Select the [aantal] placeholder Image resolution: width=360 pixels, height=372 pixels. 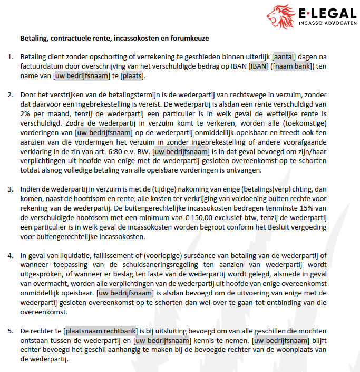284,56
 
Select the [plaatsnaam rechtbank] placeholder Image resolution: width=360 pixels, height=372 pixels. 100,331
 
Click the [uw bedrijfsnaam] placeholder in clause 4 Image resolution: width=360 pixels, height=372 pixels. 125,293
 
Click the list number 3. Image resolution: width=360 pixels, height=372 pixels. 11,188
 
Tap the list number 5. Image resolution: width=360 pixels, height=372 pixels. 11,331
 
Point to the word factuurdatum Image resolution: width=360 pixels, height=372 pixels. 42,66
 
